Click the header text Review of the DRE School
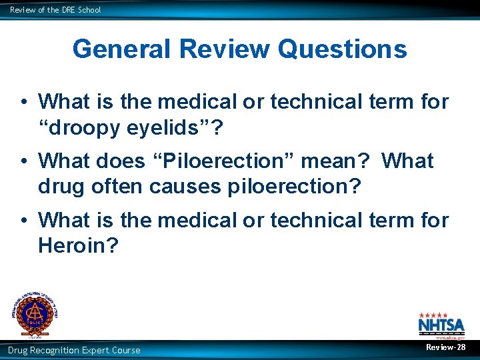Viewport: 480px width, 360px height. click(x=55, y=10)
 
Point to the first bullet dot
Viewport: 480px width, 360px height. click(x=23, y=102)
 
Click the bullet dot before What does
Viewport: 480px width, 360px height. click(x=23, y=161)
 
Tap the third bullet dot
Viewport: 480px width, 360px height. click(x=23, y=220)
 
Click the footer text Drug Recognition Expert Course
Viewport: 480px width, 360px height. click(x=74, y=350)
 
